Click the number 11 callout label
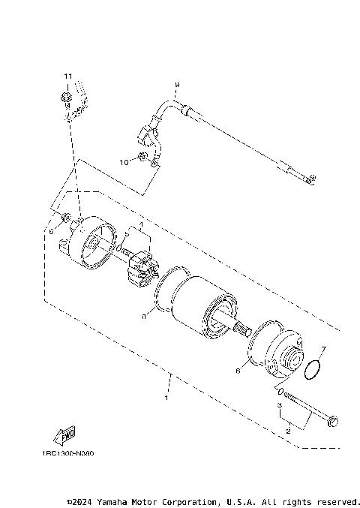(x=67, y=77)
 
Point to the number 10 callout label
(x=124, y=161)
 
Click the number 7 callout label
(x=323, y=349)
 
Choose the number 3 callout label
(x=279, y=405)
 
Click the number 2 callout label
(x=286, y=431)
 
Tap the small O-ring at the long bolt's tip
(x=280, y=392)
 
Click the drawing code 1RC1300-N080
(x=68, y=454)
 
